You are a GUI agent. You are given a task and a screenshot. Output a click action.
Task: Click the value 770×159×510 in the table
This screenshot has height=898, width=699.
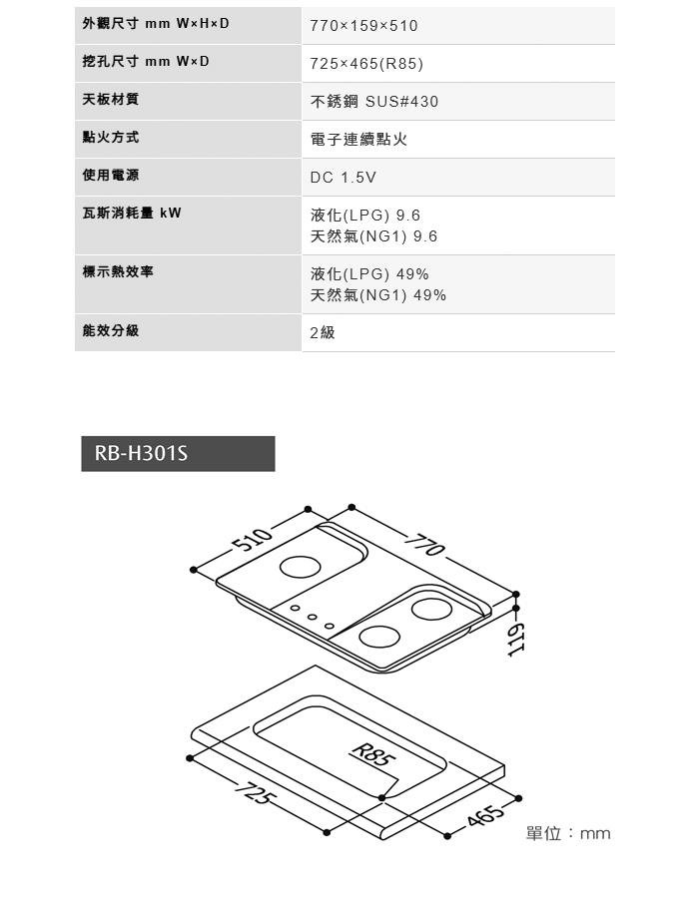pos(363,26)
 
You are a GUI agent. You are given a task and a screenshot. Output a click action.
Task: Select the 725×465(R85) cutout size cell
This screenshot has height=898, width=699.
pos(366,64)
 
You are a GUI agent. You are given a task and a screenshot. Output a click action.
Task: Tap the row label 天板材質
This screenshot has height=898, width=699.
pos(111,100)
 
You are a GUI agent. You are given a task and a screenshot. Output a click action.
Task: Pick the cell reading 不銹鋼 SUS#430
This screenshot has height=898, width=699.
pos(374,102)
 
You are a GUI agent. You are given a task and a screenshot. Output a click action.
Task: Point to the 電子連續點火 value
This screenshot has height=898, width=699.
pos(358,140)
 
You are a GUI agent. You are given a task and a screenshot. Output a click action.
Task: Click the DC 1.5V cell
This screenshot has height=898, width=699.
pos(344,178)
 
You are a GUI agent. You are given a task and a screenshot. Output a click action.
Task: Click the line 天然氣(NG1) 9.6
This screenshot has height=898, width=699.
pos(373,236)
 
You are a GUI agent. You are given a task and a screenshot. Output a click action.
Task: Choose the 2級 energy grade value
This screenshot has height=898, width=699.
pos(323,332)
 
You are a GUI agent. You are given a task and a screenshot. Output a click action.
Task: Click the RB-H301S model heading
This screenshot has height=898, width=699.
pos(141,454)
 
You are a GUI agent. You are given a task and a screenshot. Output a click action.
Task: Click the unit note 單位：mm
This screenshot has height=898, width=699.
pos(567,833)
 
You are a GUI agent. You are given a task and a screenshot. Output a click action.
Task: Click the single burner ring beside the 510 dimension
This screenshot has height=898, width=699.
pos(301,568)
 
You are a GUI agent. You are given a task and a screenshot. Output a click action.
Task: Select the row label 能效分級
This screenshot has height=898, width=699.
pos(111,330)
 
